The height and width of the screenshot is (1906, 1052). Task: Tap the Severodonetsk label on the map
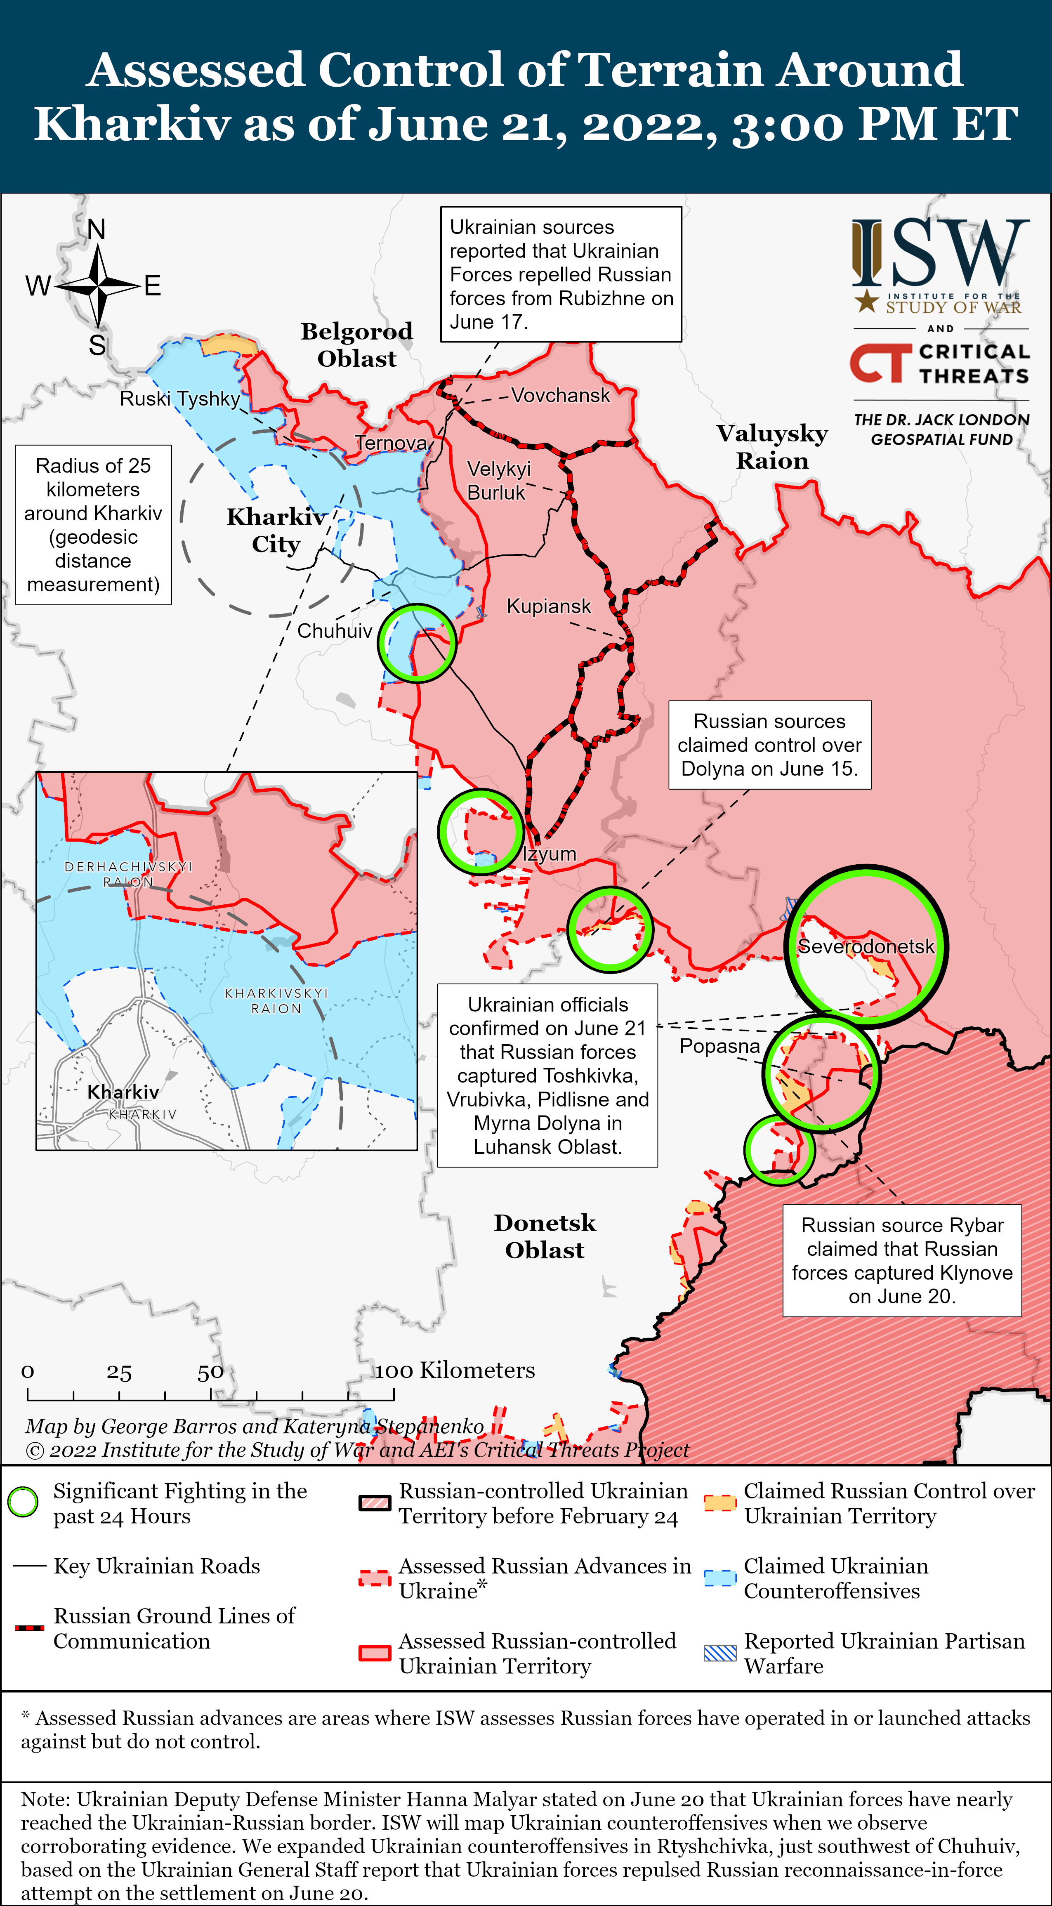866,946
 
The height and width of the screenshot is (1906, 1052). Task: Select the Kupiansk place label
548,606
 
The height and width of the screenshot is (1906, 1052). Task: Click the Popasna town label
719,1045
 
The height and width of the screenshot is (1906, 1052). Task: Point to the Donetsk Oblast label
545,1236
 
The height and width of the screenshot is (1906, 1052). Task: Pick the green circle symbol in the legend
23,1502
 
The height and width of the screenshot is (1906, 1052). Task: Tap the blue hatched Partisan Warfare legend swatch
720,1654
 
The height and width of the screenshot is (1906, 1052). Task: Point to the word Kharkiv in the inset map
123,1092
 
